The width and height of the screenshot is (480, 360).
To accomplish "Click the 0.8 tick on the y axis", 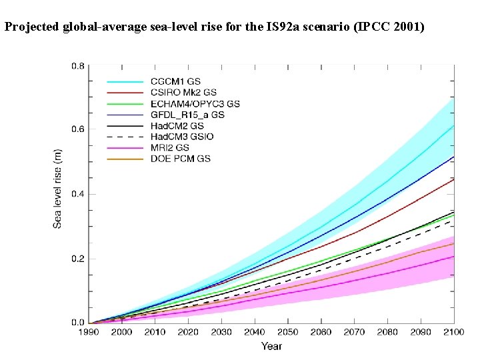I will click(x=78, y=66).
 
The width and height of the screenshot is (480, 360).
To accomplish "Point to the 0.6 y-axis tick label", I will click(x=78, y=129).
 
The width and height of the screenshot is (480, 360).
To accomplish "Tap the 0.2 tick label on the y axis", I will click(x=78, y=259).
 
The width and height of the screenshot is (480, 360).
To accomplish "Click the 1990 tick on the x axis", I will click(x=89, y=332).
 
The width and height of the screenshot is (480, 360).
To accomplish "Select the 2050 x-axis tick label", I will click(x=287, y=332).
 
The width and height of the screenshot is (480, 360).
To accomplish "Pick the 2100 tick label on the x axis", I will click(x=453, y=332).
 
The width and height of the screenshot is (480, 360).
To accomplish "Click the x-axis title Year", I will click(x=271, y=346).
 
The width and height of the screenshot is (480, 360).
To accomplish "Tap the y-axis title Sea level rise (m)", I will click(x=58, y=189).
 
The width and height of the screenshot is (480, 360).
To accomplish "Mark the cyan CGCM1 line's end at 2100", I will click(x=453, y=125).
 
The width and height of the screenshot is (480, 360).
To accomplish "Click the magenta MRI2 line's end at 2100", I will click(x=453, y=256).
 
